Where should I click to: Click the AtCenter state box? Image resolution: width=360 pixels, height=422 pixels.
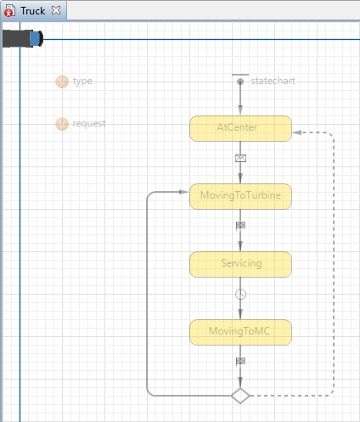pos(240,128)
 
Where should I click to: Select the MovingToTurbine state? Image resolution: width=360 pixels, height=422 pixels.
pos(240,196)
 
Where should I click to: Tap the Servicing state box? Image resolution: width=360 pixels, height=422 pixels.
pos(240,264)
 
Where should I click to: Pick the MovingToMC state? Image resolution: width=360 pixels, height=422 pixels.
pos(240,332)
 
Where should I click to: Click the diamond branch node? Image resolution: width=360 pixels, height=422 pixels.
pos(240,396)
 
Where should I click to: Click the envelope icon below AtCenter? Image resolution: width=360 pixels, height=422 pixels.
pos(240,158)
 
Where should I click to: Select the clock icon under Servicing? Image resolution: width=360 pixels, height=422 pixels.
pos(240,295)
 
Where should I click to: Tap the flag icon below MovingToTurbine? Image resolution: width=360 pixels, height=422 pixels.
pos(240,225)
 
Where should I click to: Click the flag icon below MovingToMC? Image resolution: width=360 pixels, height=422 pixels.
pos(240,361)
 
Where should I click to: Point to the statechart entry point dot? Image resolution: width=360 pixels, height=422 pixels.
pos(240,82)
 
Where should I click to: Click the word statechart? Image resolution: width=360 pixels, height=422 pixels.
pos(273,81)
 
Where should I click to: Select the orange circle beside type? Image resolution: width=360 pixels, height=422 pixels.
pos(62,82)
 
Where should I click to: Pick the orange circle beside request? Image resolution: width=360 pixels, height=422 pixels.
pos(62,124)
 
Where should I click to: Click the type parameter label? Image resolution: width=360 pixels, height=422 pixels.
pos(82,82)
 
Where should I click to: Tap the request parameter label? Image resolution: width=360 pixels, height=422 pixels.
pos(89,124)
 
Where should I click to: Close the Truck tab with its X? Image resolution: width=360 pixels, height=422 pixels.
pos(56,10)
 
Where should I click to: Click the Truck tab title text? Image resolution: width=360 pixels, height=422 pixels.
pos(33,11)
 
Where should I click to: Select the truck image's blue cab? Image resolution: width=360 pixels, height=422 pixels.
pos(37,39)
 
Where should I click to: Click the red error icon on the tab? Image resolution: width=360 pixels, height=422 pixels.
pos(9,12)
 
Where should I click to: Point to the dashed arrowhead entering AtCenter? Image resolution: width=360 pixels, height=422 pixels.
pos(297,132)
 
